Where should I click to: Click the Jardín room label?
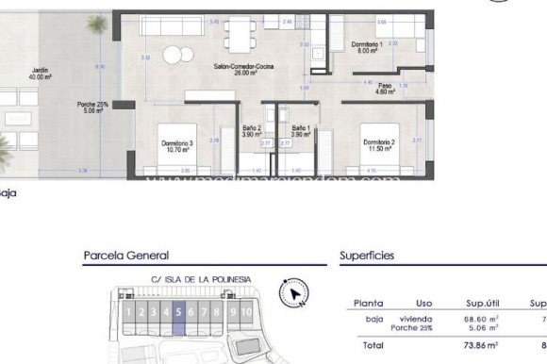pyautogui.click(x=39, y=73)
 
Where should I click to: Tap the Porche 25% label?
pyautogui.click(x=90, y=107)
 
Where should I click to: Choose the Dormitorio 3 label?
pyautogui.click(x=177, y=145)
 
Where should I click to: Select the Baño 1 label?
pyautogui.click(x=300, y=132)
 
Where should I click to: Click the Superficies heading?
pyautogui.click(x=366, y=256)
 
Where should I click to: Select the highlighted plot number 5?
pyautogui.click(x=177, y=311)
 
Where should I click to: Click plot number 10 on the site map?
pyautogui.click(x=246, y=311)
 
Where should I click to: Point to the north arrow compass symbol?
pyautogui.click(x=298, y=292)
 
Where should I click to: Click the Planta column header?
pyautogui.click(x=367, y=304)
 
